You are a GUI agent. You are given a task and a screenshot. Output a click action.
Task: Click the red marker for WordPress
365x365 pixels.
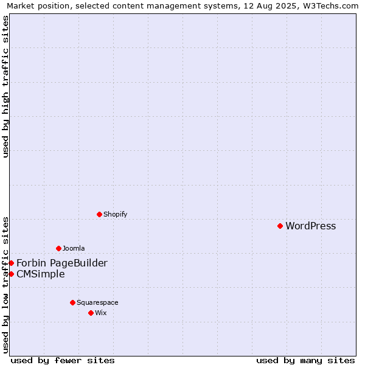280,226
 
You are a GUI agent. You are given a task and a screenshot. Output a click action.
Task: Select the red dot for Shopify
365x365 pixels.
99,214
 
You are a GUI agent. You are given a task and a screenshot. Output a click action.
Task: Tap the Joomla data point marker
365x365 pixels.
58,248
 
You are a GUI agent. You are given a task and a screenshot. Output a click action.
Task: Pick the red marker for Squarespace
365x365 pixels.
72,302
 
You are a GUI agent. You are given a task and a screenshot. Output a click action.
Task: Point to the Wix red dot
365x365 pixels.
91,313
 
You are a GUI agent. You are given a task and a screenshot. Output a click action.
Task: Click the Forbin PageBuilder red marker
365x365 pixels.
11,263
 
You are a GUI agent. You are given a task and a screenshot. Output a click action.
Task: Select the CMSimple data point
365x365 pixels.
11,274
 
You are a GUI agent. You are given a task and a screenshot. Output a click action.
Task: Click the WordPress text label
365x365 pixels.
310,226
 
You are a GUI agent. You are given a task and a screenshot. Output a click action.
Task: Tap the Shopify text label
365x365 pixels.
115,214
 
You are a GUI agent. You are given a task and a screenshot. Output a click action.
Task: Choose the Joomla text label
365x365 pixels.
74,248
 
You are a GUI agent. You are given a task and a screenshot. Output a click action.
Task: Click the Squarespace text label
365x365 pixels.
97,302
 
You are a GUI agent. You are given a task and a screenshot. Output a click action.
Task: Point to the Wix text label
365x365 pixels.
101,313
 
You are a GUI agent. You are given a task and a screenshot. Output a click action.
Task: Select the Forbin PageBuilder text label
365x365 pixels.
62,263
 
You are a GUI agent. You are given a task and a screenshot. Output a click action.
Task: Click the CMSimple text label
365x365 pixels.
41,274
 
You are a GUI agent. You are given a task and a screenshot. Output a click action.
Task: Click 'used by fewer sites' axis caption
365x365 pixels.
63,361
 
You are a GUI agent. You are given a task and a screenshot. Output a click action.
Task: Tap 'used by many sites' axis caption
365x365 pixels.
305,361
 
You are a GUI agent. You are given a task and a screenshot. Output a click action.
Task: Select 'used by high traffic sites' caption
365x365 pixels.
5,86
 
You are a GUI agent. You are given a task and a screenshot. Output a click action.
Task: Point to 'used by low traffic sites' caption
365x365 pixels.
5,285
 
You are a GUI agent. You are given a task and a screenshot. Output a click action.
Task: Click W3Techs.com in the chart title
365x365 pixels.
330,5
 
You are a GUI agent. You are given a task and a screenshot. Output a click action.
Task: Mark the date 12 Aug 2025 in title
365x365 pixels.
269,5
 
